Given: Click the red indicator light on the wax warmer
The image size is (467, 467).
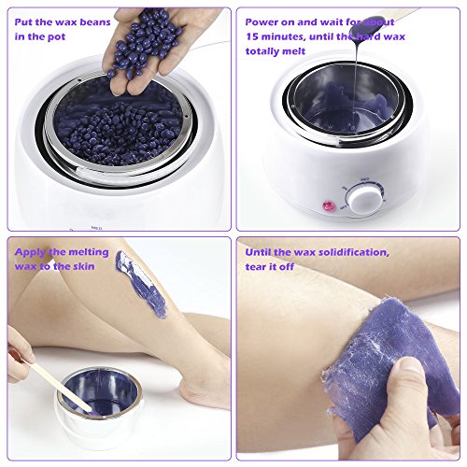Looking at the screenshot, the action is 329,205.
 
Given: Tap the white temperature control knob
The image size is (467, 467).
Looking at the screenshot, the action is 365,199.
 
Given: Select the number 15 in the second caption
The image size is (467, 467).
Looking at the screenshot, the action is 252,36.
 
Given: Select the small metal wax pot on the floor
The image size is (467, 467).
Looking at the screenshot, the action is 99,402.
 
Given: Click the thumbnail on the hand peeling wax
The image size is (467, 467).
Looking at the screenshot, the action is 412,364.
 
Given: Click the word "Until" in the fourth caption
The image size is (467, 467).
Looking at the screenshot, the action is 257,252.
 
